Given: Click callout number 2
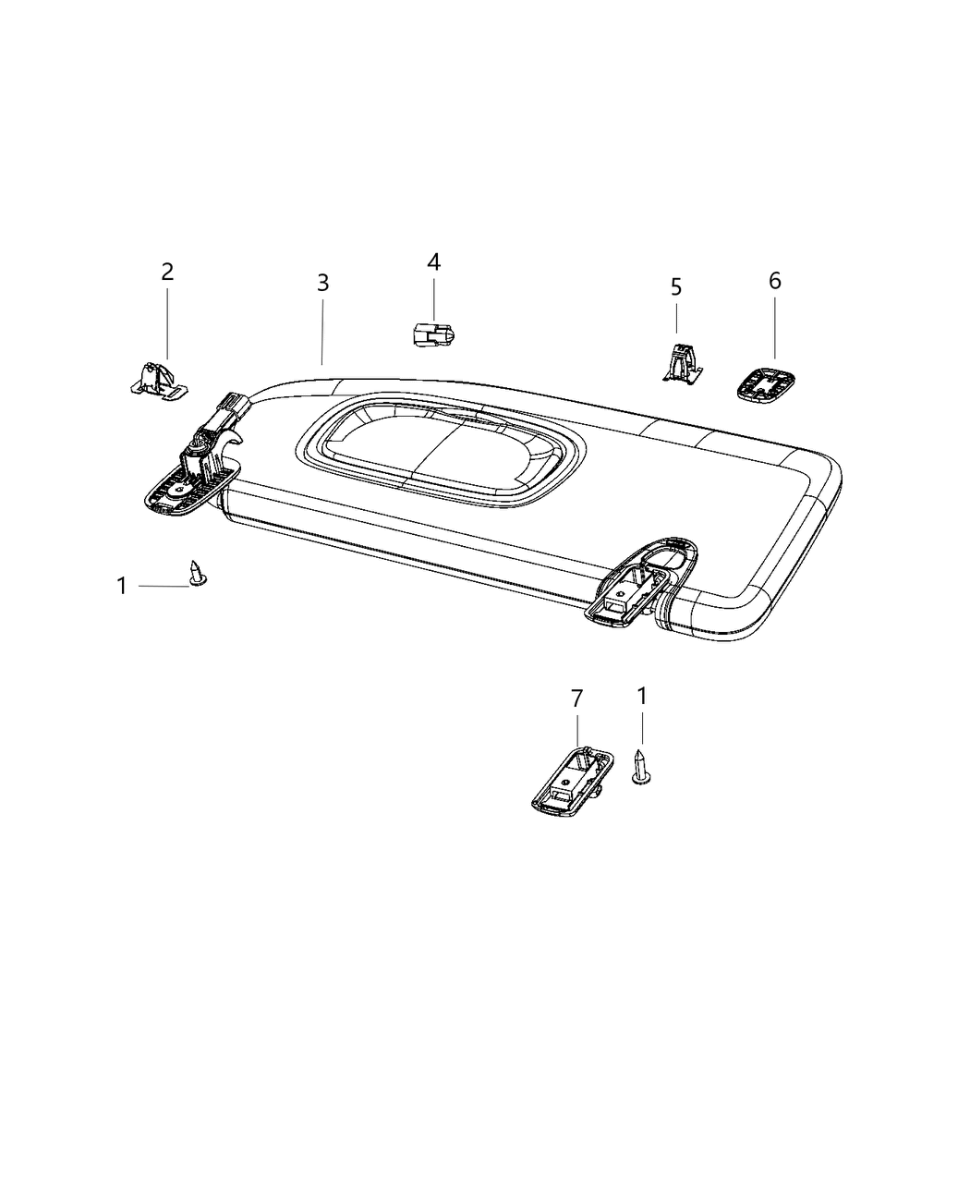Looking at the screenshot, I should pyautogui.click(x=167, y=272).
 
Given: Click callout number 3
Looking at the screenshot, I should pyautogui.click(x=322, y=283).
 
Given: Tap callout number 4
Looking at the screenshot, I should pyautogui.click(x=433, y=262).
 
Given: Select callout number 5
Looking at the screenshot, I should pyautogui.click(x=676, y=287).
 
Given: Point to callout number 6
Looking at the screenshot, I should pyautogui.click(x=774, y=280).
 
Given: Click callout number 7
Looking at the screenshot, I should pyautogui.click(x=576, y=698).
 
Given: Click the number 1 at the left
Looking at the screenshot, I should pyautogui.click(x=121, y=586).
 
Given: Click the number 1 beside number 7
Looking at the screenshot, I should pyautogui.click(x=641, y=696).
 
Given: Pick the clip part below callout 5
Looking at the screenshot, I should pyautogui.click(x=681, y=362).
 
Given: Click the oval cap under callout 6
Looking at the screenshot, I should pyautogui.click(x=768, y=383).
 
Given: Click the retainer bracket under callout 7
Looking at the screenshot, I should pyautogui.click(x=570, y=780).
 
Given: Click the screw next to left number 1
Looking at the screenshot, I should pyautogui.click(x=197, y=573).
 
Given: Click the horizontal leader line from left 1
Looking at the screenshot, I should pyautogui.click(x=164, y=586).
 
